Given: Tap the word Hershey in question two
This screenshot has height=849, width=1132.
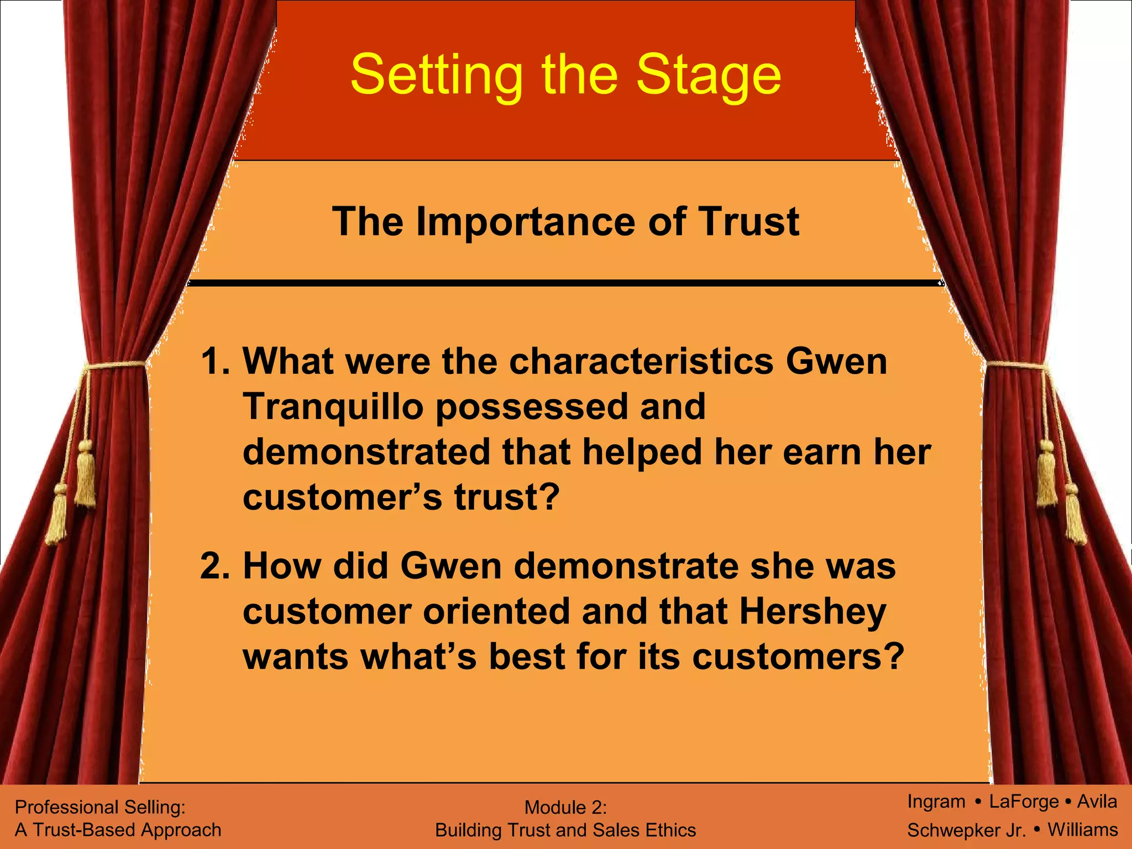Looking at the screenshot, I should pos(813,612).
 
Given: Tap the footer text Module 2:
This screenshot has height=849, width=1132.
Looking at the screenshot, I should pos(565,808).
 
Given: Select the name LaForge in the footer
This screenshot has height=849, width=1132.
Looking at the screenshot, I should pos(1024,801).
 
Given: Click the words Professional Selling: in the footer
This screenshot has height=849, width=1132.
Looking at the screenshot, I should pos(100,807).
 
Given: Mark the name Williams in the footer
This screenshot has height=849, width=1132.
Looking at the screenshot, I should pos(1083,830).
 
